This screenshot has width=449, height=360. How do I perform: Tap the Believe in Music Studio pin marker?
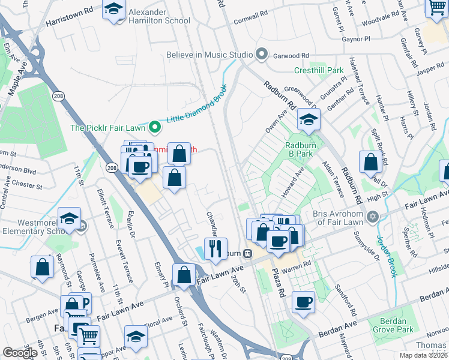pos(261,55)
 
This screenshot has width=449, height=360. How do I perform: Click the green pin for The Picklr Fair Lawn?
pos(155,127)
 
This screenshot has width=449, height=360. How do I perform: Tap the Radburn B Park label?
pos(300,149)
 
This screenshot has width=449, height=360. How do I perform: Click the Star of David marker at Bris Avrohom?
pos(372,216)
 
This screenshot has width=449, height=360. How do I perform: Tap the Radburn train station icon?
pos(246,253)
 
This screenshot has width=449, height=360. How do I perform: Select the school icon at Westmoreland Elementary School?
pos(69,218)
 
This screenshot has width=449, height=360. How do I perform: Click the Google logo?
pos(20,353)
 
